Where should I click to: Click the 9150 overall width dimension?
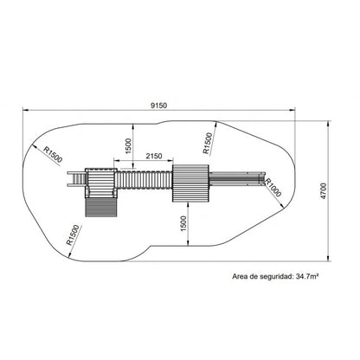coord(158,106)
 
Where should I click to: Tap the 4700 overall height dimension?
coord(324,191)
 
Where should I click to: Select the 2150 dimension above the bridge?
coord(154,156)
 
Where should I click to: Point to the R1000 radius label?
coord(273,188)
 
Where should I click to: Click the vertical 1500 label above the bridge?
coord(128,146)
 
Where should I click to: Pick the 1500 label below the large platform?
coord(183,223)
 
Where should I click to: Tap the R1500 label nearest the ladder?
coord(53,154)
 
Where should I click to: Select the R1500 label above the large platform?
coord(208,143)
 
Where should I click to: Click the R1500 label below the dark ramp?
coord(73,235)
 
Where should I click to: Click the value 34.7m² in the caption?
coord(307,276)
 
